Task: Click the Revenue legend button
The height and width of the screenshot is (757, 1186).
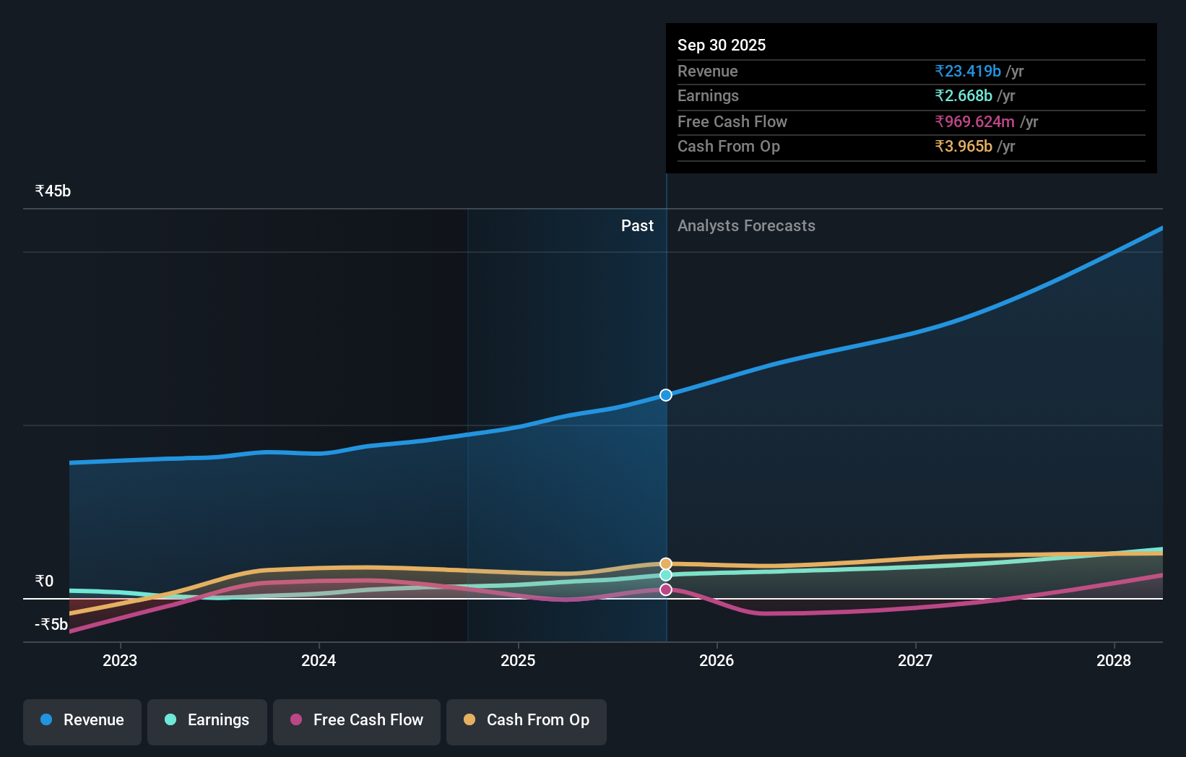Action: (x=82, y=720)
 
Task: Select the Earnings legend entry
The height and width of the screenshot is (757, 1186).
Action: (x=207, y=720)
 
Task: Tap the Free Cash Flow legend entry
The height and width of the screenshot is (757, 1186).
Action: (x=357, y=720)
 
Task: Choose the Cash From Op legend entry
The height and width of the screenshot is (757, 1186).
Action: (x=527, y=720)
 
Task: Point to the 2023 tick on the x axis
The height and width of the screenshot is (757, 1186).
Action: (x=120, y=660)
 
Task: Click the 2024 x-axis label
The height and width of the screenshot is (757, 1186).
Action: (x=319, y=660)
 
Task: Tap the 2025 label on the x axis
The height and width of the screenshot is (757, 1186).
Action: (x=518, y=660)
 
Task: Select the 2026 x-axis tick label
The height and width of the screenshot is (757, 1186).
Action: (x=717, y=660)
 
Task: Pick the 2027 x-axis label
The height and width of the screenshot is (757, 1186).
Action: (x=915, y=660)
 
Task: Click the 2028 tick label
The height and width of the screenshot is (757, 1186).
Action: (x=1114, y=660)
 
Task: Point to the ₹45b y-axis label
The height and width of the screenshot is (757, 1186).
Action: (x=53, y=191)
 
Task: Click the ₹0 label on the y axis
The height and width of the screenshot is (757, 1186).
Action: (x=44, y=581)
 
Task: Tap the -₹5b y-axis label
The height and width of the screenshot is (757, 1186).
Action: (x=51, y=625)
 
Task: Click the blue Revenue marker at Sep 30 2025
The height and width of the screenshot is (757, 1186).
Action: (x=666, y=395)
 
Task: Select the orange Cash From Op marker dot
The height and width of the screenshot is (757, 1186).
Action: (x=666, y=563)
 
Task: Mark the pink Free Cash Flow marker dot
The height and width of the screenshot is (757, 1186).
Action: (x=666, y=590)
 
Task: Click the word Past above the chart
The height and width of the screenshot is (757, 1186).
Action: (x=637, y=226)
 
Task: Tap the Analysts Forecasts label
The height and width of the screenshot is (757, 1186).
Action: (x=746, y=226)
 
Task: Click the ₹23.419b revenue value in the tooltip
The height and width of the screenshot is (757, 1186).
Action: (x=968, y=71)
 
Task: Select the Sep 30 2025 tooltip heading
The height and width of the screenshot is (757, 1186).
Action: (x=722, y=45)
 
